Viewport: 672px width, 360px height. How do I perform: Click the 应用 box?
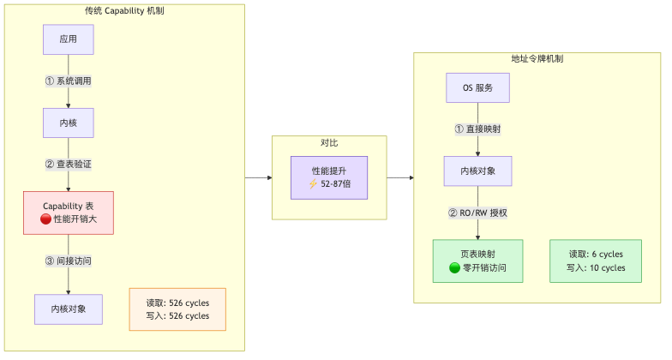(x=69, y=39)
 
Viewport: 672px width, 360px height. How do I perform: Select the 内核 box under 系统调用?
(x=69, y=123)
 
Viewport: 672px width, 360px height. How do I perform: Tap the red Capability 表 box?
(x=69, y=213)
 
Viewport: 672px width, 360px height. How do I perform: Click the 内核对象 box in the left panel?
(x=69, y=309)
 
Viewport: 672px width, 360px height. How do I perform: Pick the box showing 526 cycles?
(x=177, y=309)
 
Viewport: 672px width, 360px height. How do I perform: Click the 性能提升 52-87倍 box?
(x=329, y=177)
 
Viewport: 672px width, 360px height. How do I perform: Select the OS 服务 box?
(x=477, y=87)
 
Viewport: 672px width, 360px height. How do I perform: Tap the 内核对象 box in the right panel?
(x=477, y=171)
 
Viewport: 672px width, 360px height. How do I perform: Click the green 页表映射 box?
(x=477, y=261)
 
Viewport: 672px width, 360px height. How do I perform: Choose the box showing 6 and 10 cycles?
(x=596, y=261)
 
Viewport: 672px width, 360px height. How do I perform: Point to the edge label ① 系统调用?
(x=69, y=81)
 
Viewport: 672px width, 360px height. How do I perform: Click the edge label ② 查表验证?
(x=69, y=164)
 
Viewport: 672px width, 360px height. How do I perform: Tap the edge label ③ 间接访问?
(x=69, y=261)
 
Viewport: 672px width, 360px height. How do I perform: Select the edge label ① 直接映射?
(x=477, y=129)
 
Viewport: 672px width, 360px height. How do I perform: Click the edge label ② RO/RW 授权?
(x=477, y=213)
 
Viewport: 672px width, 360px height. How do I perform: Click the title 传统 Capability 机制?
(x=124, y=11)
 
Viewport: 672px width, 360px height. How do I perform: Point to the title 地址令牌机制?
(x=537, y=59)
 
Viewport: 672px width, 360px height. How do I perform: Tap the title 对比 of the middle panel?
(x=329, y=142)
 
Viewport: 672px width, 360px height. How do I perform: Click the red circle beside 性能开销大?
(x=46, y=219)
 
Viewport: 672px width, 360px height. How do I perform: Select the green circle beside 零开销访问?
(x=455, y=267)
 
